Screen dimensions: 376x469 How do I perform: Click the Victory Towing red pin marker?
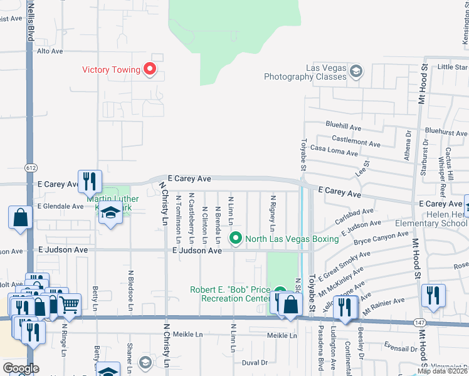point(150,69)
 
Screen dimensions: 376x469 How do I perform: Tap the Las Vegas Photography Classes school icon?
point(356,71)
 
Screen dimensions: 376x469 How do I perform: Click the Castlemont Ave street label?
point(356,144)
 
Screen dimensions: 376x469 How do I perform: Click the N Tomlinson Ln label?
point(178,219)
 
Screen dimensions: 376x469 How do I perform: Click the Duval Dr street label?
point(255,362)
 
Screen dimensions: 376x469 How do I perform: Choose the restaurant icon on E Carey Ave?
point(90,182)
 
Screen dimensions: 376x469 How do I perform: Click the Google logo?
point(20,368)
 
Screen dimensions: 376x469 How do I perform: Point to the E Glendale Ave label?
point(60,206)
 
